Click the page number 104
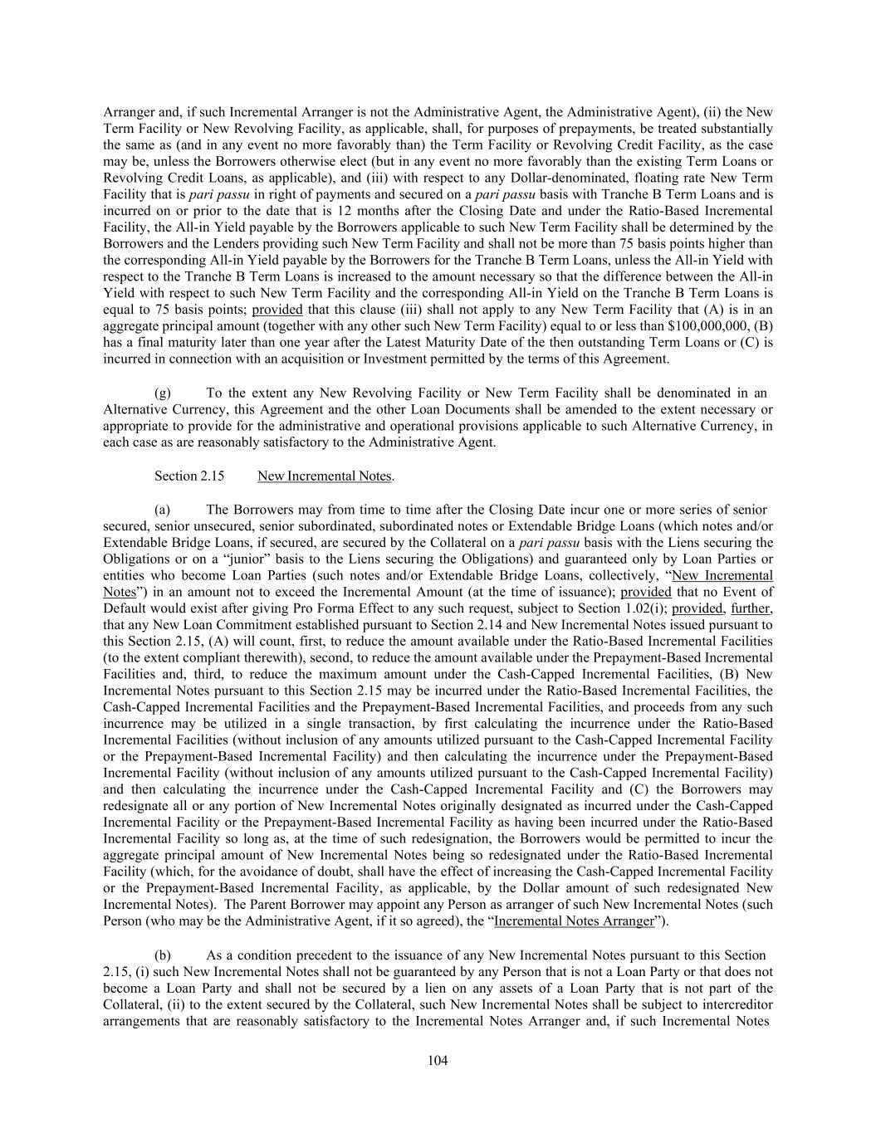click(x=438, y=1060)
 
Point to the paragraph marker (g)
click(x=164, y=393)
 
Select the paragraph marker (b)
click(x=164, y=955)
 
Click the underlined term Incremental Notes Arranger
click(x=574, y=921)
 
